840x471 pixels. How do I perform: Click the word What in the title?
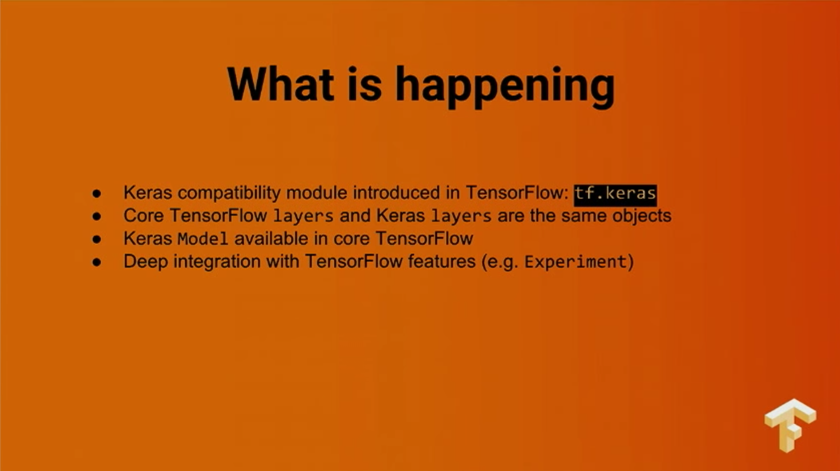pyautogui.click(x=281, y=84)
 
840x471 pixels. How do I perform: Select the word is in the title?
pyautogui.click(x=365, y=84)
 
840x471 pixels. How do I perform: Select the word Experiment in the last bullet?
pyautogui.click(x=575, y=262)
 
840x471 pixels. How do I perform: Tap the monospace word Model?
pyautogui.click(x=202, y=239)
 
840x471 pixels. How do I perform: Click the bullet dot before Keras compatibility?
pyautogui.click(x=97, y=194)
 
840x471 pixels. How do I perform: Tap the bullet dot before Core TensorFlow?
pyautogui.click(x=97, y=216)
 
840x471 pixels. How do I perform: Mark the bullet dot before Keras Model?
pyautogui.click(x=97, y=239)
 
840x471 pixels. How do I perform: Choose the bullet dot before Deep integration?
pyautogui.click(x=97, y=262)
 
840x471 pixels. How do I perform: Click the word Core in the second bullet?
pyautogui.click(x=144, y=216)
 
